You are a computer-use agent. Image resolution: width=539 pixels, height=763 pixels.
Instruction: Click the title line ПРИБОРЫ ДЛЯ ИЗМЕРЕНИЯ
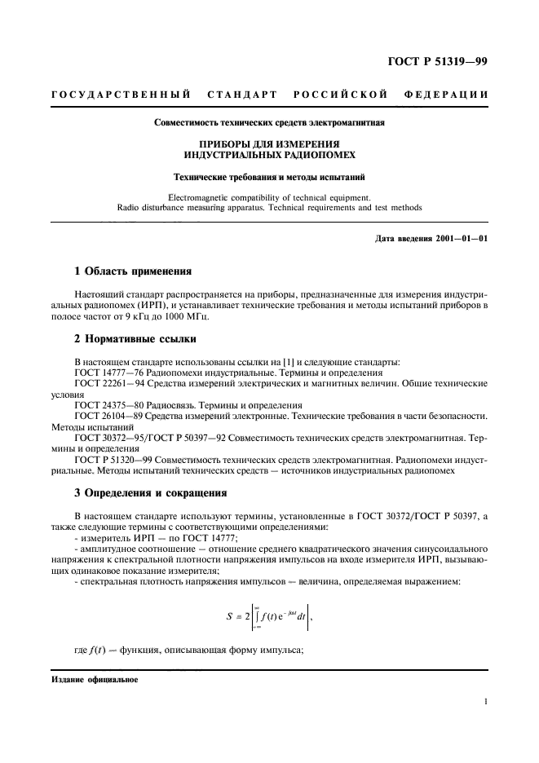[x=270, y=143]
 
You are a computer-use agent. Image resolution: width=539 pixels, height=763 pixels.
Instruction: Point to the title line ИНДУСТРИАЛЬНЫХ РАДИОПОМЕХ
[x=270, y=153]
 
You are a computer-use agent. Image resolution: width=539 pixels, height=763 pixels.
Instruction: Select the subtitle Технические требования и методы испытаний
[x=270, y=175]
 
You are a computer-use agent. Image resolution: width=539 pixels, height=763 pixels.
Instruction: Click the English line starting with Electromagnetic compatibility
[x=269, y=196]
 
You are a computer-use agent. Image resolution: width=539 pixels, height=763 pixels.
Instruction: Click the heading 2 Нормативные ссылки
[x=135, y=337]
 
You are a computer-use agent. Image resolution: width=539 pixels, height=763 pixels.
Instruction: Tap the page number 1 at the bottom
[x=484, y=700]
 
